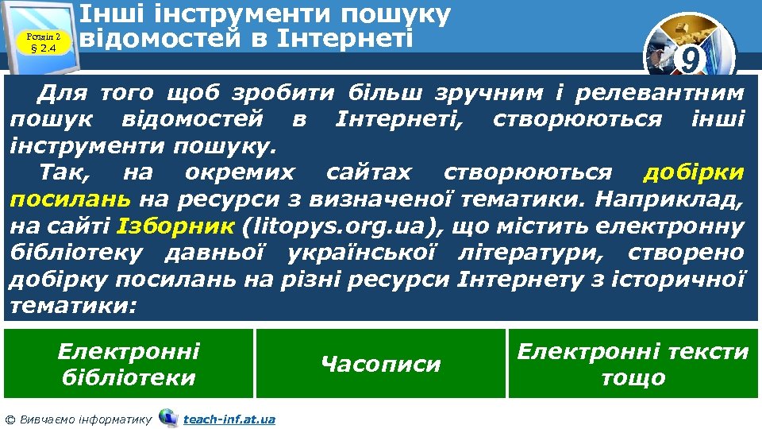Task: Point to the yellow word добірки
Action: (693, 172)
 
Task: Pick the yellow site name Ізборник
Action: (175, 226)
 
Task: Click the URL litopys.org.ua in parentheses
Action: (344, 226)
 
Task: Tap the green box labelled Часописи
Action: (380, 364)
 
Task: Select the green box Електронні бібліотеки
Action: (129, 364)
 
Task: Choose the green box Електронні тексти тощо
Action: (633, 364)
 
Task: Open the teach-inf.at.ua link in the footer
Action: (229, 419)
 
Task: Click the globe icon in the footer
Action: (168, 417)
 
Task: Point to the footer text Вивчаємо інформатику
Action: (86, 419)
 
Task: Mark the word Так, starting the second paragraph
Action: (67, 172)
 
